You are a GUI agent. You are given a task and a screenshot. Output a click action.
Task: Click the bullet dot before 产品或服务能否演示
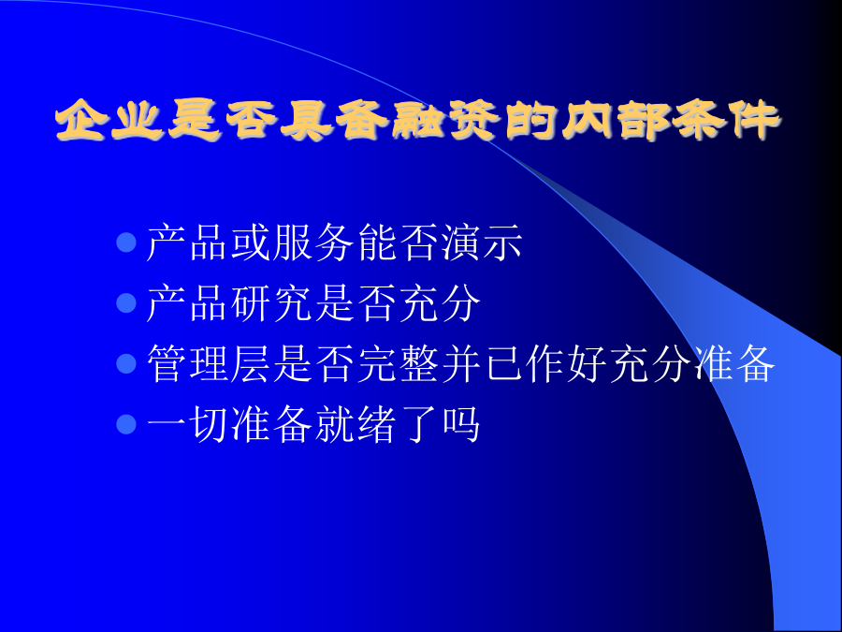[126, 243]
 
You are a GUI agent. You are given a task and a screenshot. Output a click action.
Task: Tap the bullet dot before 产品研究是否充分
[126, 303]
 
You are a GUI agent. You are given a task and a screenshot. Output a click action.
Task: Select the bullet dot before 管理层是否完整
[126, 363]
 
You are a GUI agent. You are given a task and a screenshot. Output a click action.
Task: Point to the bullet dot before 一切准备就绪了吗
[126, 424]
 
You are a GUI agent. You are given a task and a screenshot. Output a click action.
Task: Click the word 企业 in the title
[109, 119]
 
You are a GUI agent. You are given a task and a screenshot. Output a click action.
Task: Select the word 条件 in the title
[724, 119]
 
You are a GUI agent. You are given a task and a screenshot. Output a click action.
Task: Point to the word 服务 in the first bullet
[313, 243]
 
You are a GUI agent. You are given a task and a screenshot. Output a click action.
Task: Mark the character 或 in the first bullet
[250, 243]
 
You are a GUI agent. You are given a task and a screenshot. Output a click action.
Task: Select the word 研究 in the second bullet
[271, 303]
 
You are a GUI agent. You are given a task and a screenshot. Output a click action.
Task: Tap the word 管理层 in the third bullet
[209, 363]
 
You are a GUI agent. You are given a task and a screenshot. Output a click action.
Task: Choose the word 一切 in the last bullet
[187, 424]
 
